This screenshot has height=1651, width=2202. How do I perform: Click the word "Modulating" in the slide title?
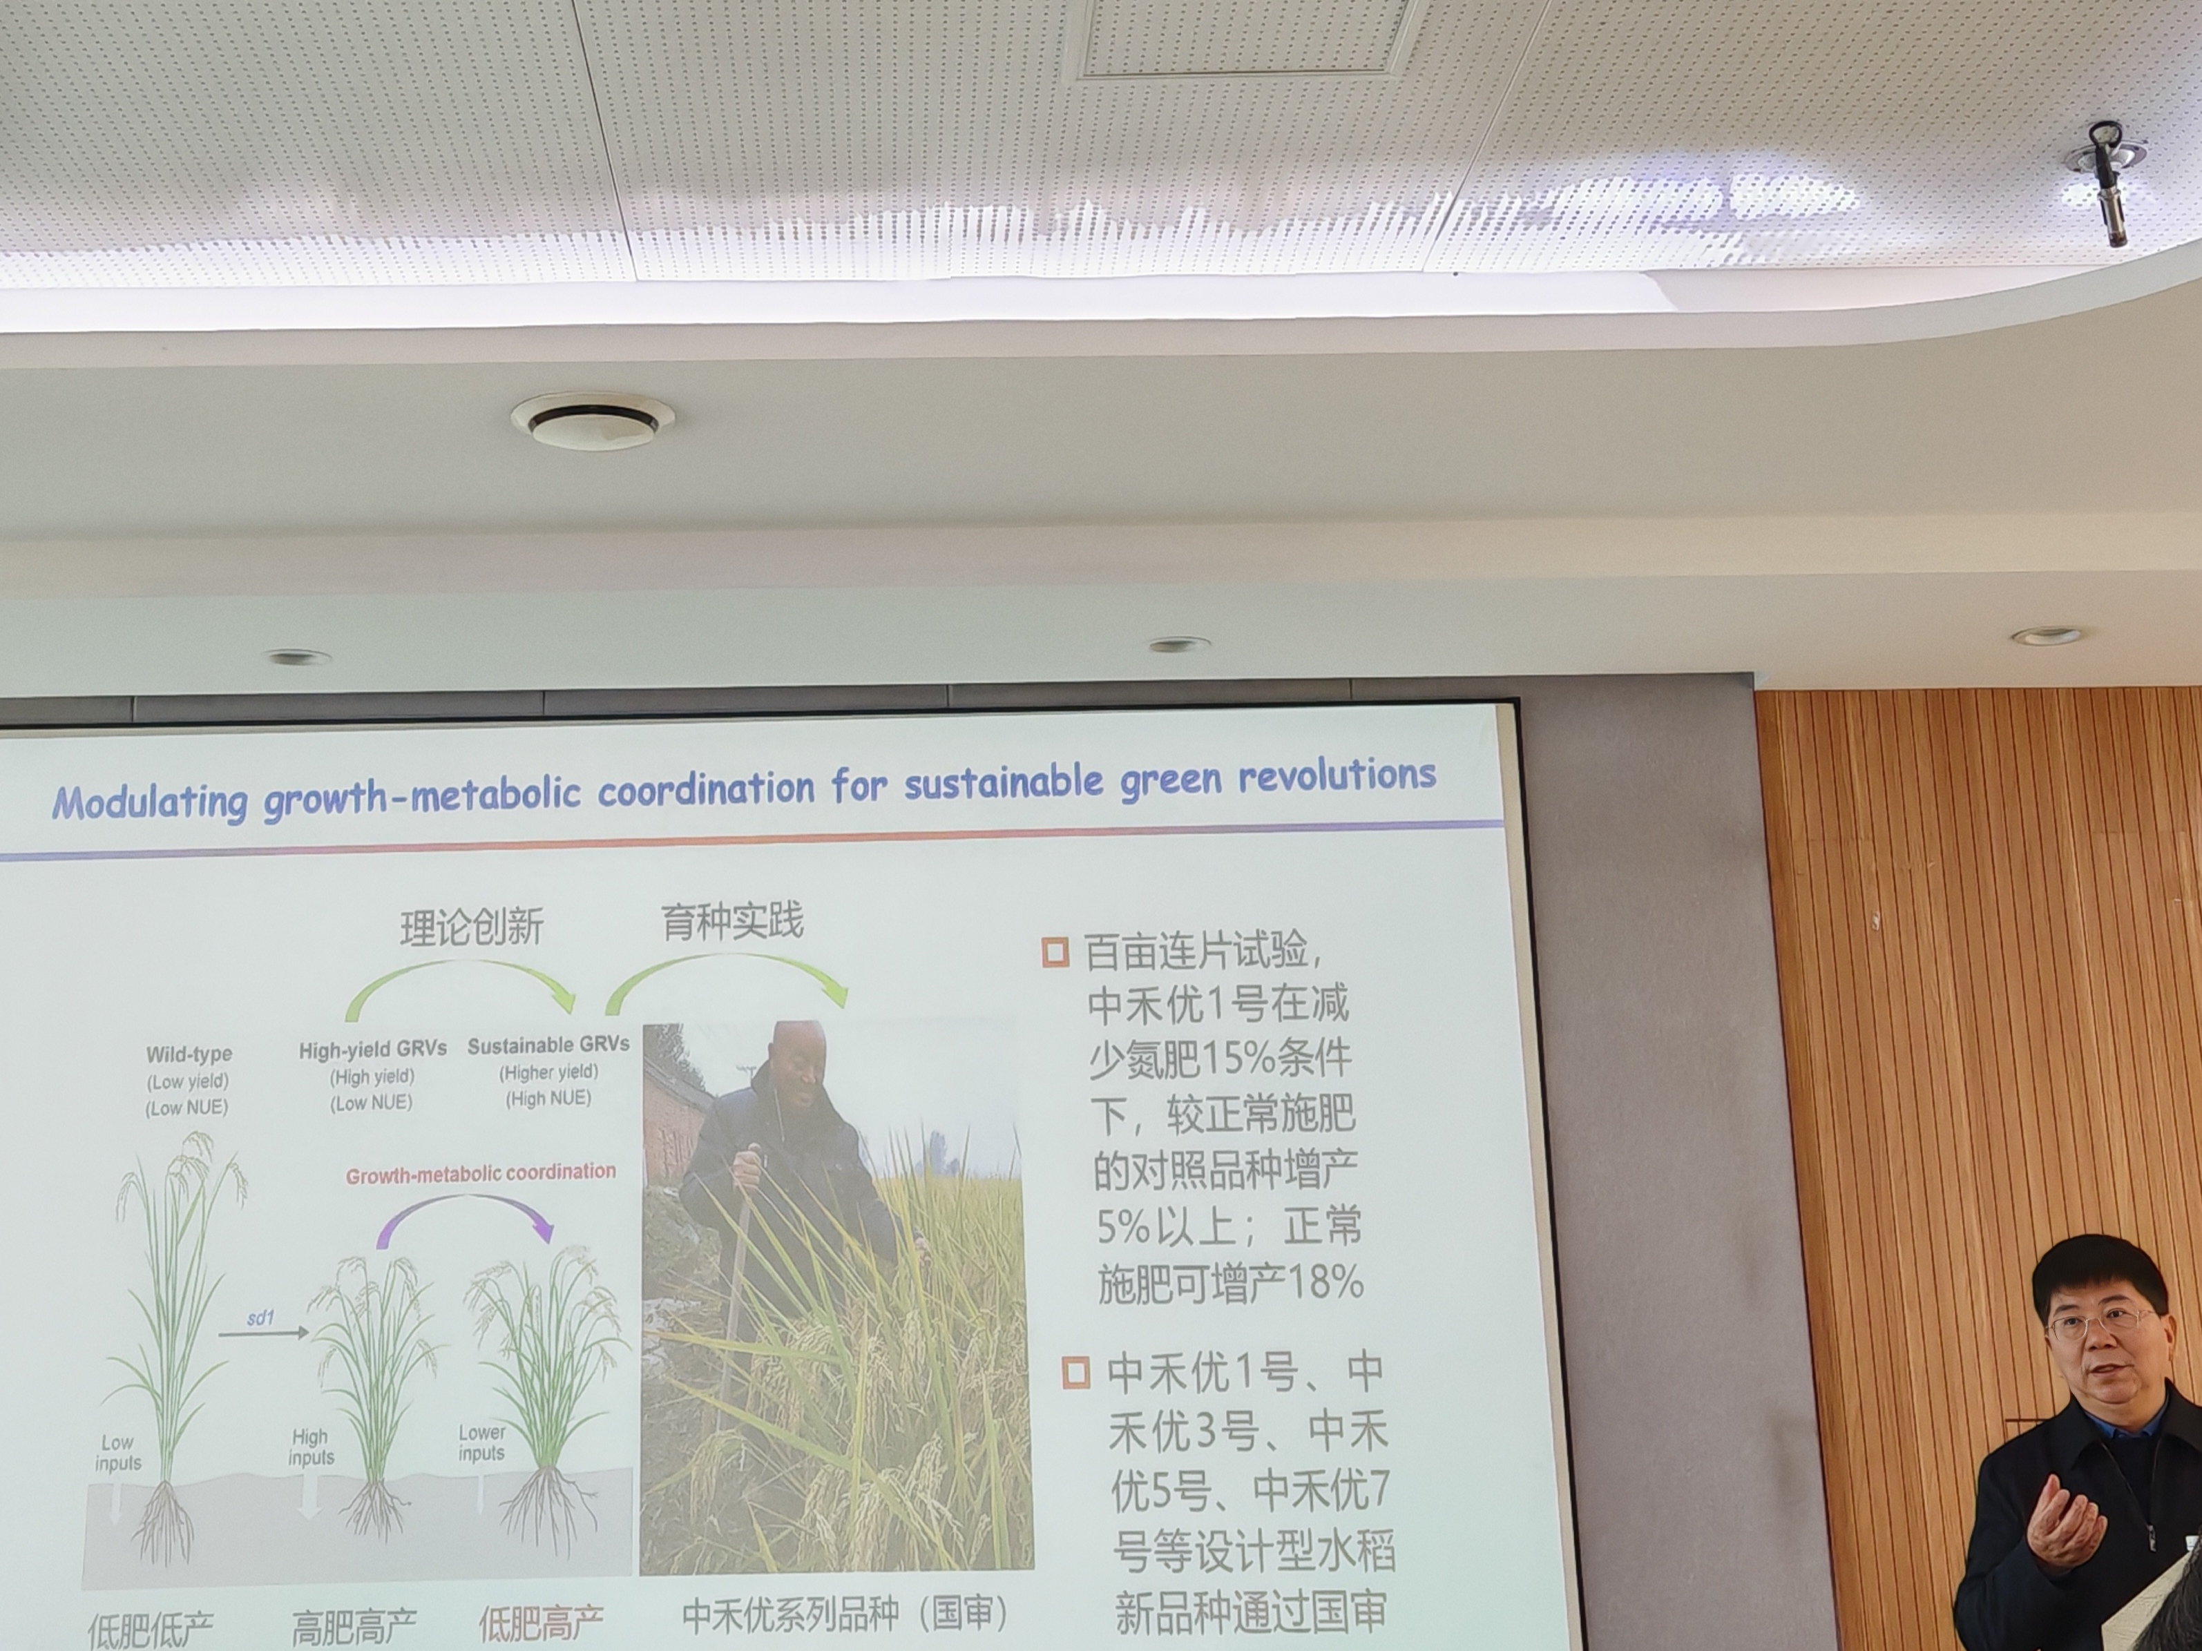tap(149, 803)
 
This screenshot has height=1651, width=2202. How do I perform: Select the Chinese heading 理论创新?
tap(472, 927)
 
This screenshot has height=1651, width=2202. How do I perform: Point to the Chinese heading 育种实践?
tap(733, 922)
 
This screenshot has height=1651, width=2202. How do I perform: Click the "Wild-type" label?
tap(189, 1054)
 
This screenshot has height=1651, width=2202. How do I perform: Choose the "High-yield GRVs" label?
tap(373, 1049)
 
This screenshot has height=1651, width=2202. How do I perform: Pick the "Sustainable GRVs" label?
tap(548, 1045)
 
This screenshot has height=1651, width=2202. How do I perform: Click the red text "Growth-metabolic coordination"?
tap(481, 1173)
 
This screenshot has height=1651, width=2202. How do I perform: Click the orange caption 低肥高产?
tap(541, 1624)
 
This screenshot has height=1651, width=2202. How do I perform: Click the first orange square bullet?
tap(1055, 952)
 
